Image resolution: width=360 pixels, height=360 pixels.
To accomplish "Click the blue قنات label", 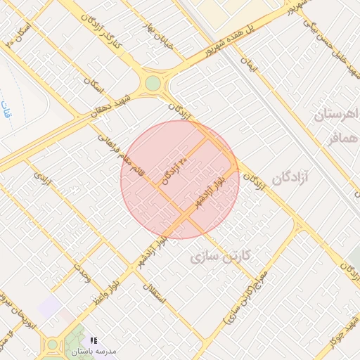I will point(8,110).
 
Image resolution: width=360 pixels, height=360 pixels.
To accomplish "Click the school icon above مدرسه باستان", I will point(94,341).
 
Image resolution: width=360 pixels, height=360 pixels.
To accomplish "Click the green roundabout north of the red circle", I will point(153,84).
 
